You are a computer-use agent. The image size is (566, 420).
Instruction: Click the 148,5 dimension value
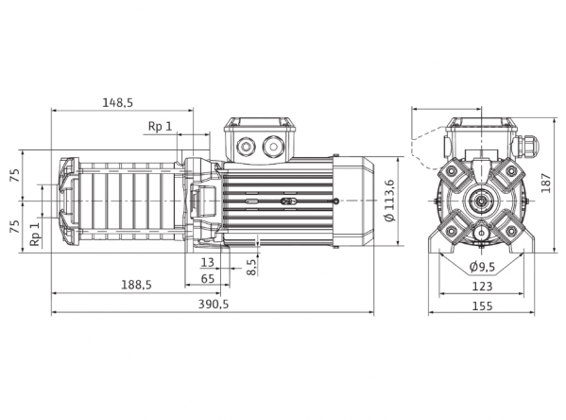118,103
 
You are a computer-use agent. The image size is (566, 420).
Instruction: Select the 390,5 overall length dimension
214,305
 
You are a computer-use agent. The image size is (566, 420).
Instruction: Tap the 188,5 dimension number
136,285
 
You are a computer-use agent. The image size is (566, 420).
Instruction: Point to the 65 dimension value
207,279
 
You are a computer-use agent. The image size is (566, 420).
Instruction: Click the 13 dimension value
207,262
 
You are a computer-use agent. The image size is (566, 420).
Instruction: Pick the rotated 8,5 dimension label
252,267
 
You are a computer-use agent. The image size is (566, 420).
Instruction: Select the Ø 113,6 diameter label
390,200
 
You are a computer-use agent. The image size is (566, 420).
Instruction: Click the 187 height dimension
546,184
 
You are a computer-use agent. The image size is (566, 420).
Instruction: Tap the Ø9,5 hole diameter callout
482,267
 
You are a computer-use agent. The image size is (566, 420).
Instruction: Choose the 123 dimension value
482,287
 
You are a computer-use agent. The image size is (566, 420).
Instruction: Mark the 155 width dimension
482,306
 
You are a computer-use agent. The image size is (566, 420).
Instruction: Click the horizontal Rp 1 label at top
161,127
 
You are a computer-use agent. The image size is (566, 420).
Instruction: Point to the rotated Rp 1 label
35,234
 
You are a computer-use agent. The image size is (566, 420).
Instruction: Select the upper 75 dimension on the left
15,175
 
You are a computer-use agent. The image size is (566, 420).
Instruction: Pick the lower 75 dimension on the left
15,227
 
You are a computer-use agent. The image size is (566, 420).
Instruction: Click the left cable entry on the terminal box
246,147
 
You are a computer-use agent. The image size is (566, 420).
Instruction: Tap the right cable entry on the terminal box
273,147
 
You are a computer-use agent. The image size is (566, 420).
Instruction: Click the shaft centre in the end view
482,201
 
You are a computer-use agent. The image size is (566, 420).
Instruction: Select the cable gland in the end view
526,146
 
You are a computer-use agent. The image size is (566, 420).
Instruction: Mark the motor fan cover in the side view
353,201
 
